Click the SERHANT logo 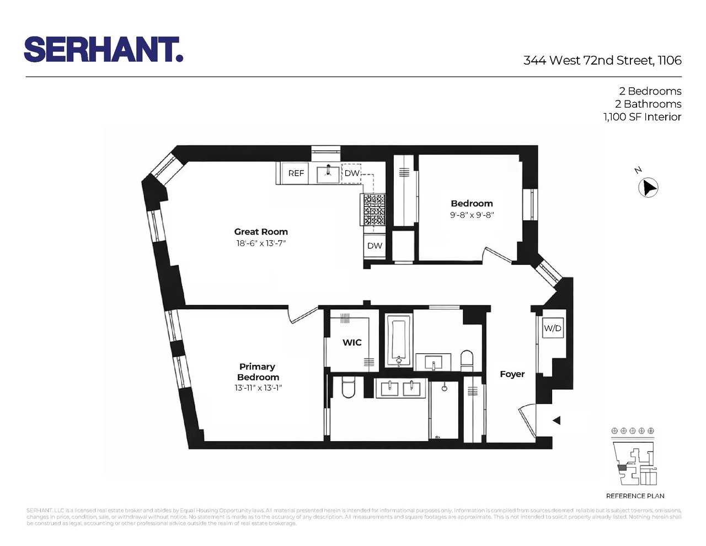(103, 50)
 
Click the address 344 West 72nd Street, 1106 (602, 60)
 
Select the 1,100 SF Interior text (642, 117)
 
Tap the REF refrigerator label (296, 173)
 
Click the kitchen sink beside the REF (328, 173)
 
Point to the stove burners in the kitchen (373, 210)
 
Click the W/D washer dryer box (553, 328)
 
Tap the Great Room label (261, 232)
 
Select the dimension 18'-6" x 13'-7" (261, 243)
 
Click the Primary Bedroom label (258, 372)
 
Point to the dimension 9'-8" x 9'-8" (472, 215)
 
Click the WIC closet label (352, 343)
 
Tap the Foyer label (512, 374)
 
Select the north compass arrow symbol (649, 188)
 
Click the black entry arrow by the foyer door (557, 421)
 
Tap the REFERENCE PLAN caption (635, 496)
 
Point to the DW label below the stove (375, 246)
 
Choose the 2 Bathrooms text (648, 104)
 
